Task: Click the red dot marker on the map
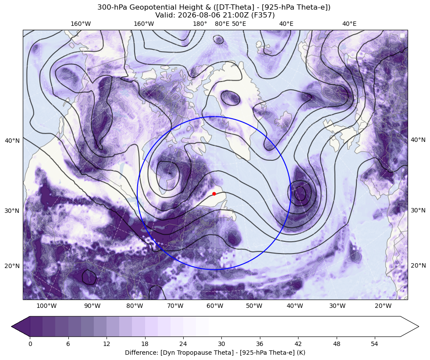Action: click(x=214, y=194)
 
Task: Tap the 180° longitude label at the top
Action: click(x=200, y=24)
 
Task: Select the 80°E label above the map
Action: click(x=222, y=24)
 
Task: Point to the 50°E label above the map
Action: click(x=239, y=24)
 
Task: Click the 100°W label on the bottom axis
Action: click(x=46, y=306)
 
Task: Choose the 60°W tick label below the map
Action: click(x=215, y=306)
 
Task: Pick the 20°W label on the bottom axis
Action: click(x=383, y=306)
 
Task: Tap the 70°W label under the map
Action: click(x=175, y=306)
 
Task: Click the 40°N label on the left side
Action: click(x=12, y=141)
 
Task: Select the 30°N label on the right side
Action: click(x=418, y=210)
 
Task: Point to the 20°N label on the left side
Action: click(x=12, y=266)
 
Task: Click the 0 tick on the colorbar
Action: click(x=30, y=344)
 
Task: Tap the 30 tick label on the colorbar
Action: click(x=221, y=344)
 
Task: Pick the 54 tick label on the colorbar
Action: click(x=375, y=344)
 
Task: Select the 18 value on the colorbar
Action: click(x=145, y=344)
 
